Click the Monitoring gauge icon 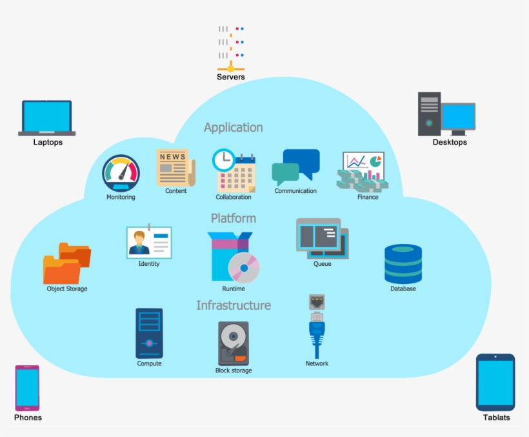click(121, 173)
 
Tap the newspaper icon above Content click(175, 167)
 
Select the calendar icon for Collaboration click(234, 171)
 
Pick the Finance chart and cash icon click(361, 172)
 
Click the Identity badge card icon click(149, 242)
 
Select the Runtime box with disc click(233, 258)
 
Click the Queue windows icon click(322, 238)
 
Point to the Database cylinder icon click(403, 263)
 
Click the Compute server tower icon click(149, 333)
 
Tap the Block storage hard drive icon click(233, 343)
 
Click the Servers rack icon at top click(230, 48)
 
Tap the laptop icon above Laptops click(47, 117)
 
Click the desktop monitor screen click(458, 117)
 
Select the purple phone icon click(27, 388)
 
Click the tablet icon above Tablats click(495, 382)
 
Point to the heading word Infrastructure click(234, 305)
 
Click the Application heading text click(233, 127)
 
